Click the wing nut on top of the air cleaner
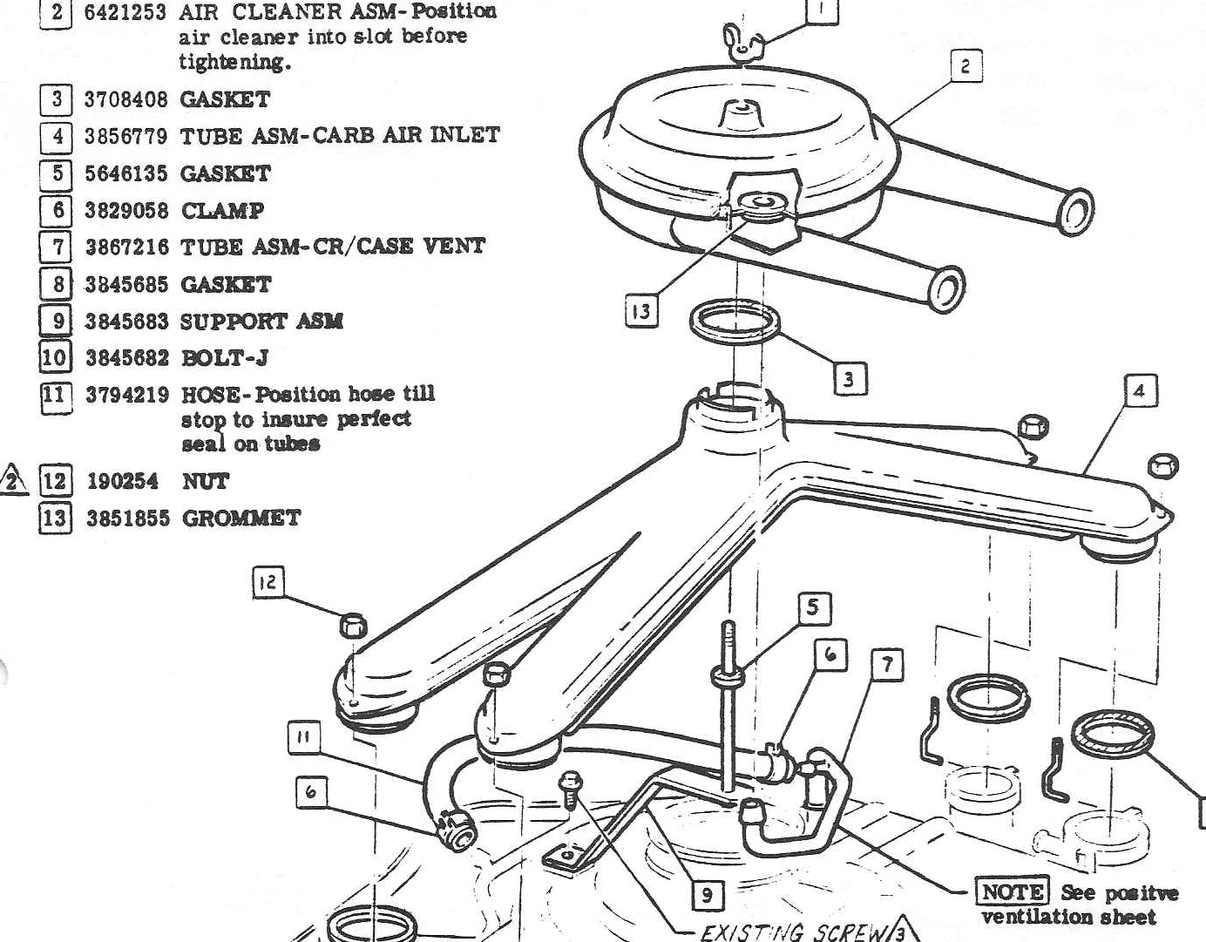point(740,42)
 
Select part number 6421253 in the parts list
point(125,12)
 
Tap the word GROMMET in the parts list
point(241,518)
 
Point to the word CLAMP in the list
point(222,210)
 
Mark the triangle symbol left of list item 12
point(12,480)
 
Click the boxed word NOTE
point(1012,892)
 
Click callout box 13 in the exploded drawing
point(641,311)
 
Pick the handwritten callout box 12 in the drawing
point(268,581)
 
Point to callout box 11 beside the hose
point(303,739)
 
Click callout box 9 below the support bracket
point(707,895)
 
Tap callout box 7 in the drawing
point(886,666)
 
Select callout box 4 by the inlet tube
point(1139,391)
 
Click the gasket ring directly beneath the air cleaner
point(735,323)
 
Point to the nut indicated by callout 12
point(352,625)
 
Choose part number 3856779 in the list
point(125,136)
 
